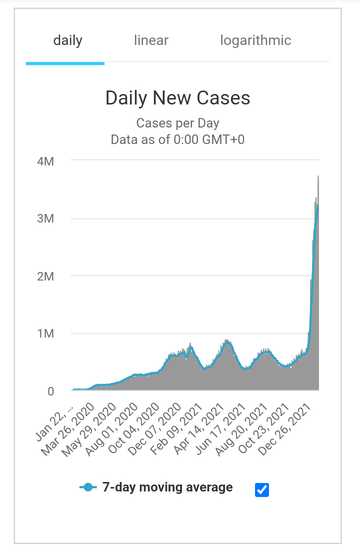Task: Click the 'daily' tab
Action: tap(67, 40)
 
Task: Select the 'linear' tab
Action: tap(151, 40)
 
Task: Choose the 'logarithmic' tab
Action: tap(255, 40)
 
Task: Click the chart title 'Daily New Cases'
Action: tap(177, 98)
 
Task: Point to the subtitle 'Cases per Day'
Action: tap(177, 123)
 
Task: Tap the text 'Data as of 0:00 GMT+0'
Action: tap(177, 139)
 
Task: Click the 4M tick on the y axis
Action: tap(45, 161)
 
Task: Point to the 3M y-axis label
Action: tap(45, 219)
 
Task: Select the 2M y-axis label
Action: tap(45, 276)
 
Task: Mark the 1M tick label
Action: tap(45, 333)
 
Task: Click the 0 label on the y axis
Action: tap(50, 391)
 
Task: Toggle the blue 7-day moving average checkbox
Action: tap(262, 490)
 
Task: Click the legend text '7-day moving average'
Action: tap(167, 487)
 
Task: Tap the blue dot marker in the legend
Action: tap(88, 487)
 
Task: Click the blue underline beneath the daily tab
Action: tap(65, 63)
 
